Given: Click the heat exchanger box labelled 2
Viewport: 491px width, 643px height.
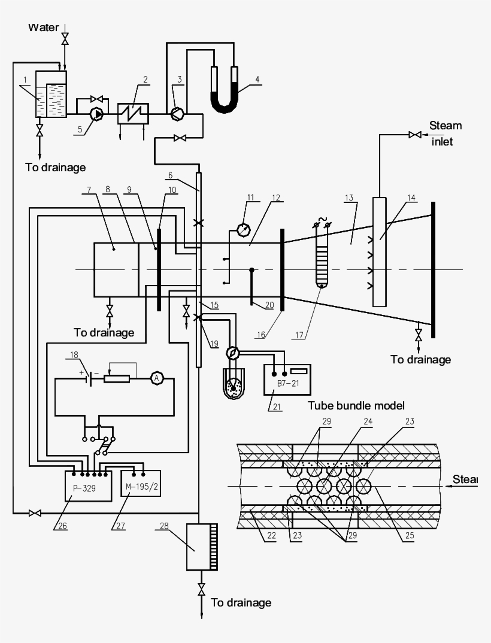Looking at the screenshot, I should click(132, 112).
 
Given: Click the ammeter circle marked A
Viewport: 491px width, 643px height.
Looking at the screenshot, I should click(156, 378).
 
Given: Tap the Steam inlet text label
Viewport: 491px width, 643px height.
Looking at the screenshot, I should click(446, 134).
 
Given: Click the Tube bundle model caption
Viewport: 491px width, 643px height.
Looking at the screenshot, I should click(357, 405).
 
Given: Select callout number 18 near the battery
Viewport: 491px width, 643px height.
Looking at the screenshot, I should click(74, 354).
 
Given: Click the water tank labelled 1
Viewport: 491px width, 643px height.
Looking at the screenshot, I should click(51, 98).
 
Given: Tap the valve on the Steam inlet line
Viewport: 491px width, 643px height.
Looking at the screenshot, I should click(413, 135).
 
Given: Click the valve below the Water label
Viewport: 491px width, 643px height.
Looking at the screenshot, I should click(65, 40).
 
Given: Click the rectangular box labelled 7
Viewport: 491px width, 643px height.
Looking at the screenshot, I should click(116, 269).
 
